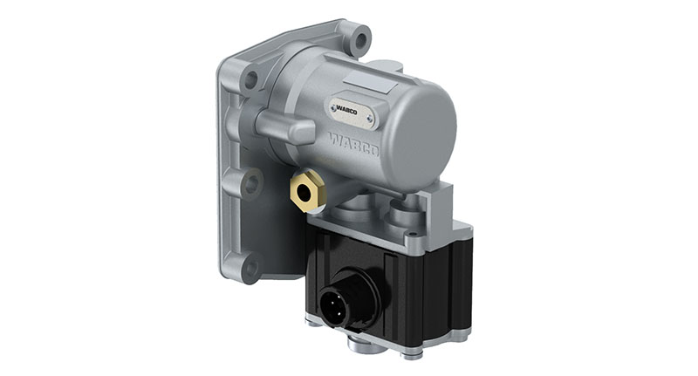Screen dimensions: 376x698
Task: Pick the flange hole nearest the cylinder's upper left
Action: pos(251,80)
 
